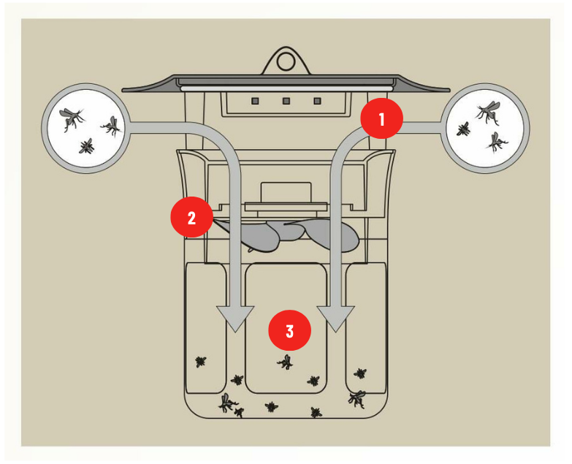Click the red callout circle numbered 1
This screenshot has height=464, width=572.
pos(381,118)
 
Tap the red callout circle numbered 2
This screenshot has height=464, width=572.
pos(191,218)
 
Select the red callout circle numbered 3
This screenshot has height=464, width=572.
pos(290,331)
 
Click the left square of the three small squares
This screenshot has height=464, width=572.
pos(256,101)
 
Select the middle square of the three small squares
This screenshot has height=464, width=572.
pos(286,101)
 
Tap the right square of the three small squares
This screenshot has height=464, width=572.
pos(316,101)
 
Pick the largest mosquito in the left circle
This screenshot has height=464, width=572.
pos(72,117)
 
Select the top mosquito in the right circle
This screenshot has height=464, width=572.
pos(487,111)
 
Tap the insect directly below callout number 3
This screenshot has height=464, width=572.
pos(286,362)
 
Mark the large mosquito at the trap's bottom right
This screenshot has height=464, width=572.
pos(357,398)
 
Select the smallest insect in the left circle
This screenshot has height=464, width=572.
pos(88,146)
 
